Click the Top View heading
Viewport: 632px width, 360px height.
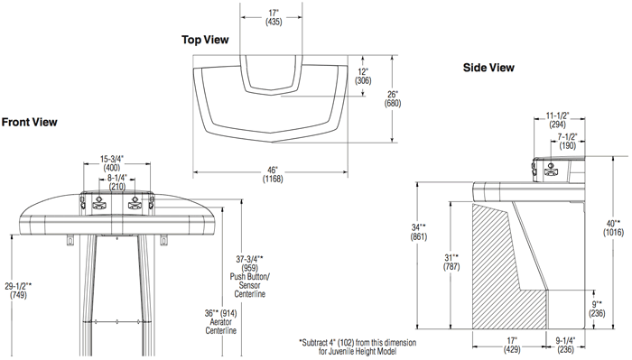(205, 40)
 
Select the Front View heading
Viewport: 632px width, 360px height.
(30, 122)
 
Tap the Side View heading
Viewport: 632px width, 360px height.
(488, 68)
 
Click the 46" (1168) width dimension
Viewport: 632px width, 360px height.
(273, 174)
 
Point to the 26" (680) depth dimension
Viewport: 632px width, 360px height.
(393, 99)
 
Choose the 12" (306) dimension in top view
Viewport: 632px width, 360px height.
(363, 76)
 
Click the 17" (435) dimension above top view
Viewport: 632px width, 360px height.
(274, 18)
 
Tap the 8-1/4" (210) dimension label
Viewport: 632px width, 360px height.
(116, 182)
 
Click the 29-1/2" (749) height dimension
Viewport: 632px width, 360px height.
(18, 291)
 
